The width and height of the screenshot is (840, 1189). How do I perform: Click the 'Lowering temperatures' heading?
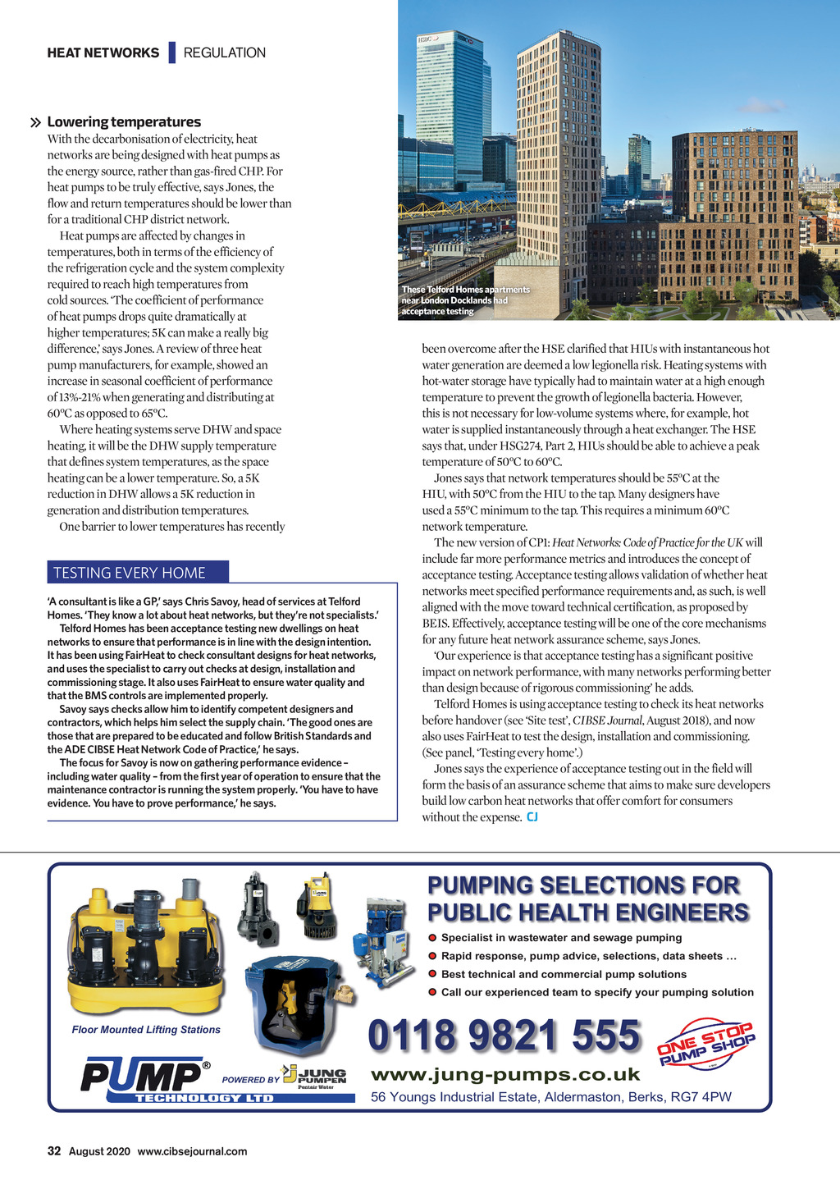(124, 122)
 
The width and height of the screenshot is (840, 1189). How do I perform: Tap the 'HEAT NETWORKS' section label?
(103, 53)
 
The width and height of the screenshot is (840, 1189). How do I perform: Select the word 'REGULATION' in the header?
(224, 53)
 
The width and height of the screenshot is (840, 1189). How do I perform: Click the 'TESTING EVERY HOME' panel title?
(130, 573)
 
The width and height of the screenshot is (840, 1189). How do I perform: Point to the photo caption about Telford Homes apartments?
(465, 300)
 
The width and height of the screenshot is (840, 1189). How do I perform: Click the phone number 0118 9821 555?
(504, 1036)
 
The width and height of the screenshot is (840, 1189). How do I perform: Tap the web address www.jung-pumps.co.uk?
(505, 1075)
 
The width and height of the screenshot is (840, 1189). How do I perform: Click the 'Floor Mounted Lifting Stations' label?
(146, 1030)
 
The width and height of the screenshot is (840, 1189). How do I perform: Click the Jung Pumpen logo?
(314, 1076)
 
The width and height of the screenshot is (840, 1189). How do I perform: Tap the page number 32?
(54, 1151)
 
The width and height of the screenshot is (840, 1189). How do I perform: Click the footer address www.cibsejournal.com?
(192, 1151)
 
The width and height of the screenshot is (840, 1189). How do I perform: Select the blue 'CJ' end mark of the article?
(532, 816)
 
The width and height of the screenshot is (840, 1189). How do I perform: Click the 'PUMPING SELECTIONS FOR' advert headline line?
(583, 886)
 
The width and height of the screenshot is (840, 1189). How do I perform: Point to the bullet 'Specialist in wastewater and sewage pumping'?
(561, 938)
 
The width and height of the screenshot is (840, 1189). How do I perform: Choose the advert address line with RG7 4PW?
(550, 1097)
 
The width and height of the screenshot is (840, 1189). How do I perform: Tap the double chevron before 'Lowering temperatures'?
(35, 123)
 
